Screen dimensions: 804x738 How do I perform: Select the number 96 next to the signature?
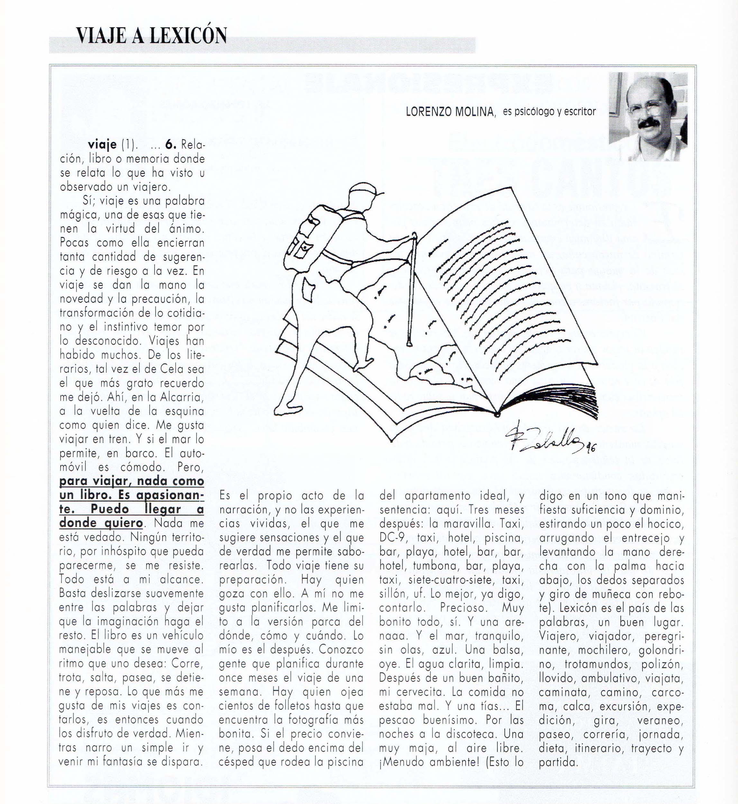[591, 448]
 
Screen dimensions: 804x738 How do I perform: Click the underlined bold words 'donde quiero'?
[101, 523]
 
